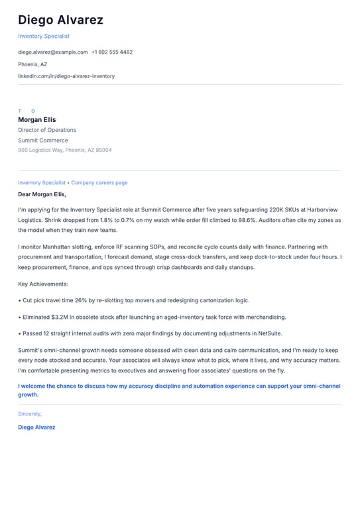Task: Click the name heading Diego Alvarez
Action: click(x=60, y=20)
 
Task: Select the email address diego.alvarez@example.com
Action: click(x=53, y=52)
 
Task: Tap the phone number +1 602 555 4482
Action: click(x=112, y=52)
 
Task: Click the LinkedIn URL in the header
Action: click(x=66, y=76)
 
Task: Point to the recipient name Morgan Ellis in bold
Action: click(x=37, y=120)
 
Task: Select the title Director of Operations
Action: click(x=47, y=130)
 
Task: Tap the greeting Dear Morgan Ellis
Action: click(x=42, y=194)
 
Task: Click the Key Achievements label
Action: click(x=43, y=284)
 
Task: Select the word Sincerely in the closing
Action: click(x=30, y=414)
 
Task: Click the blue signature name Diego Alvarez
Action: click(x=36, y=427)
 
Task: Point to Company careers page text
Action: click(x=99, y=182)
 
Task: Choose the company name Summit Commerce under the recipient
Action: click(x=43, y=141)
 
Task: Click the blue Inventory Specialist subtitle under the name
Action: click(x=44, y=36)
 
